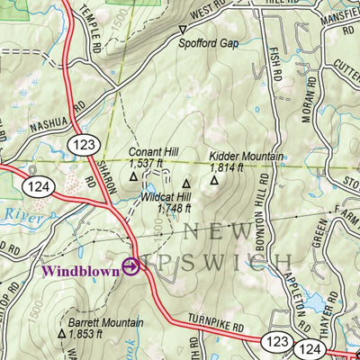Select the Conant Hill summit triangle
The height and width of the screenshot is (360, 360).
click(x=133, y=176)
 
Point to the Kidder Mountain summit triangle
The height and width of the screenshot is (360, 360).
click(x=215, y=179)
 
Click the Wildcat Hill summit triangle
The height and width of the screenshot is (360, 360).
click(x=186, y=184)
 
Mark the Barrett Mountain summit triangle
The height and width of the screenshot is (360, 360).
click(x=62, y=333)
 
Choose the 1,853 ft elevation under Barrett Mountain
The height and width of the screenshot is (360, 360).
click(x=85, y=334)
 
